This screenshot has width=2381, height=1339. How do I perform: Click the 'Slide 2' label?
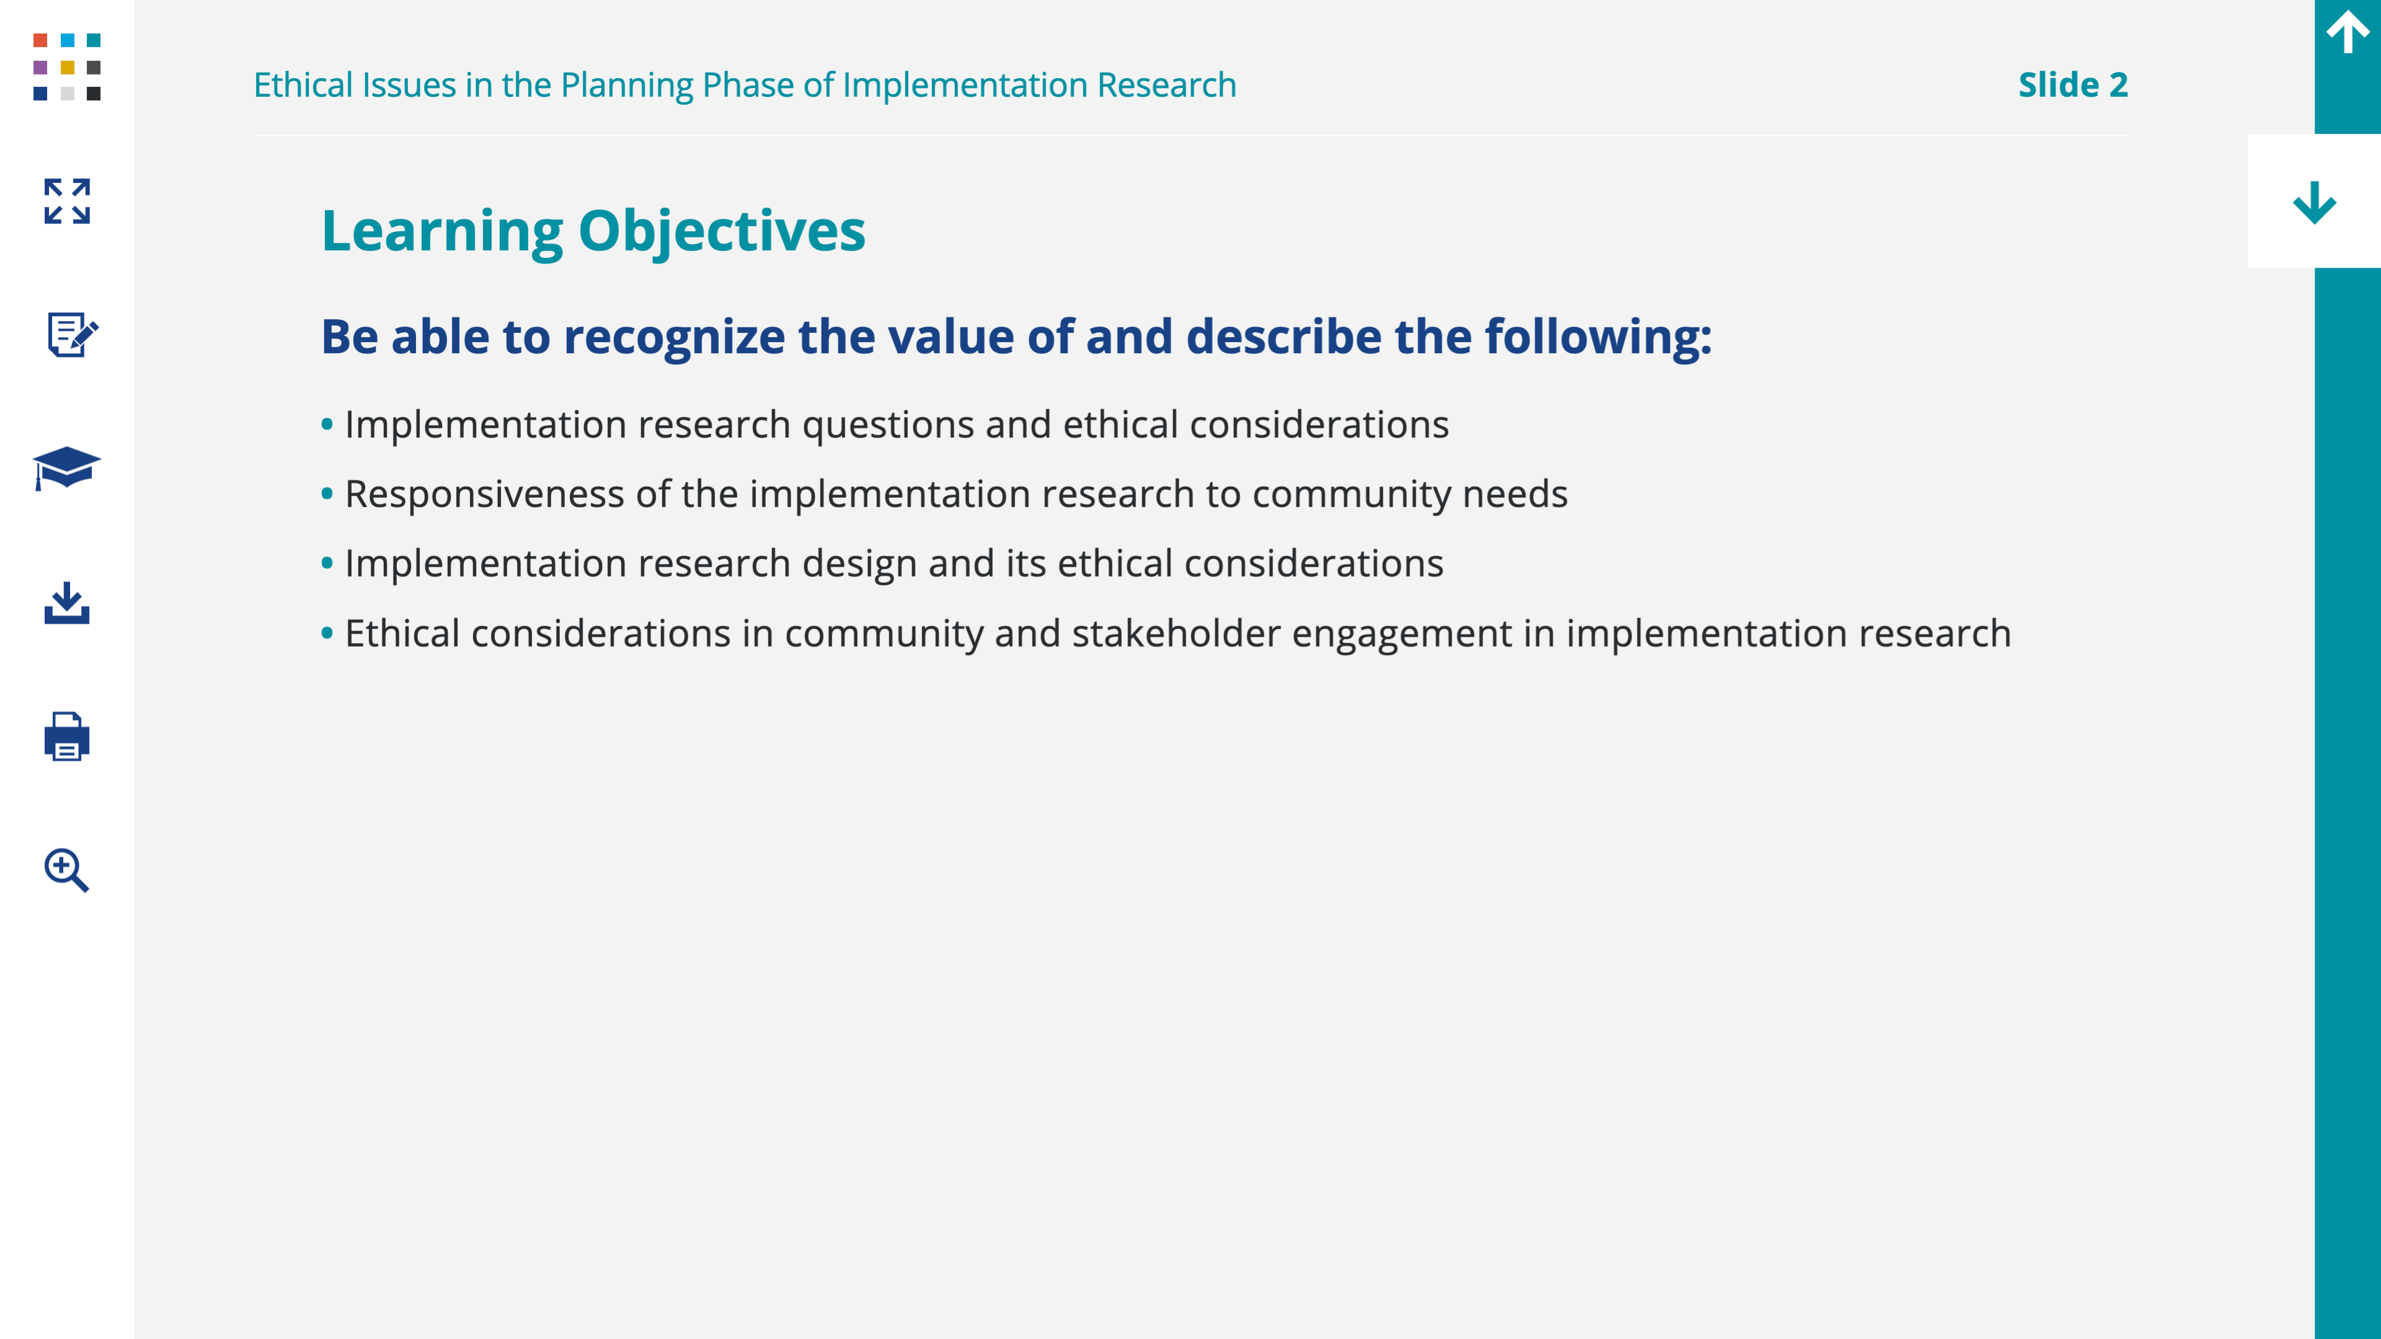2072,85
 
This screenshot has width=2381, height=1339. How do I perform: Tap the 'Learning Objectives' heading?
593,232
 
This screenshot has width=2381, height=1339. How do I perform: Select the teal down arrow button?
2315,202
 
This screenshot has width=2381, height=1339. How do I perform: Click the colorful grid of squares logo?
66,66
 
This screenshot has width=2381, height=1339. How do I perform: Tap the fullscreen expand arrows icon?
66,201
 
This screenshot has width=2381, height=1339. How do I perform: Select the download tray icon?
66,603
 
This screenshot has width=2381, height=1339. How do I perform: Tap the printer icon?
66,736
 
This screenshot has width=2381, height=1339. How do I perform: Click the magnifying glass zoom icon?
66,870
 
